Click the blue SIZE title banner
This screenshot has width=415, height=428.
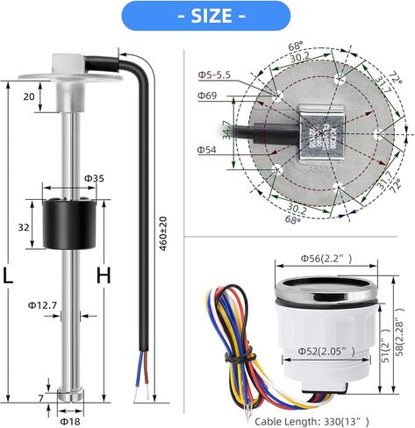[207, 15]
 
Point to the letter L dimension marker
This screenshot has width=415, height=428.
[10, 275]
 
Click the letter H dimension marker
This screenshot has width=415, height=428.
[104, 275]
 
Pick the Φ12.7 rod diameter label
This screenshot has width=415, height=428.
[42, 304]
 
